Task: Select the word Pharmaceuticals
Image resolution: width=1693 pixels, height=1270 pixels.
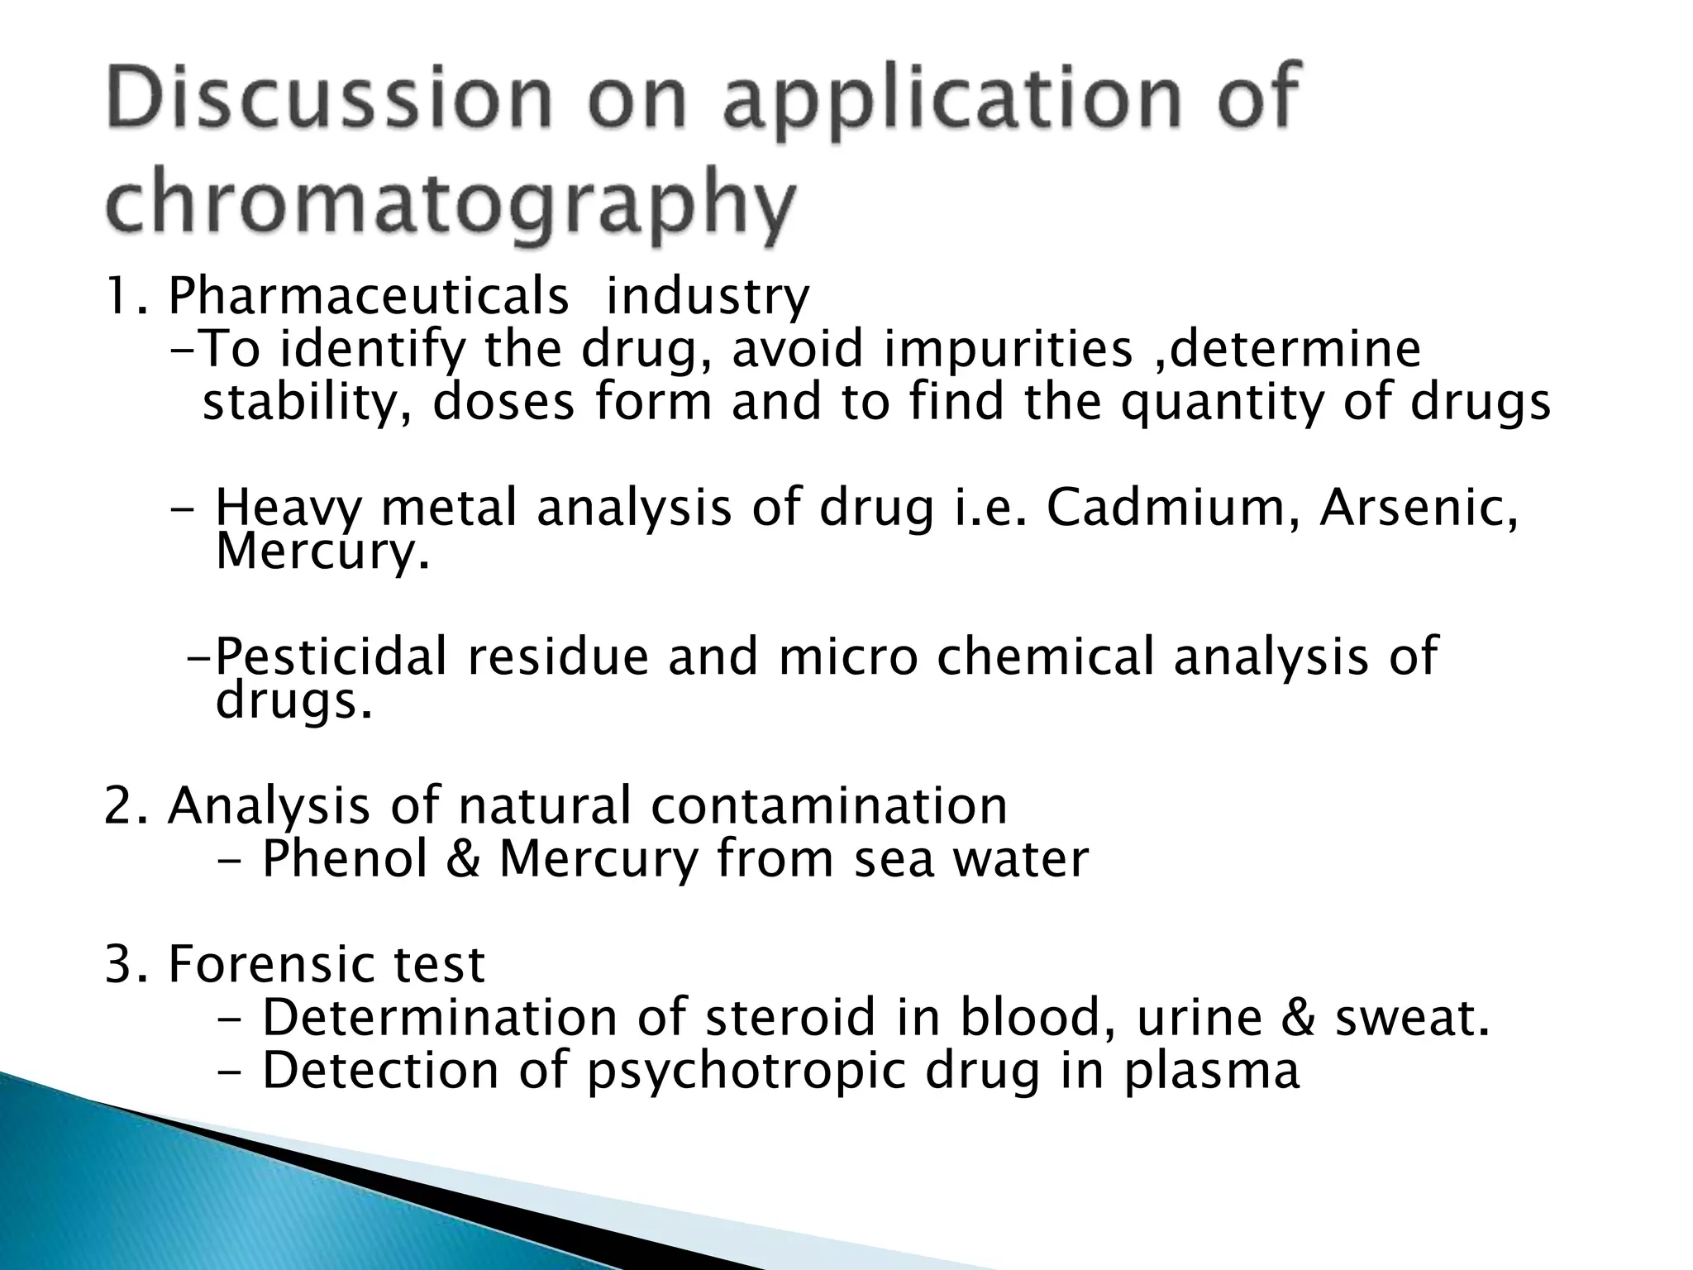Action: [x=368, y=296]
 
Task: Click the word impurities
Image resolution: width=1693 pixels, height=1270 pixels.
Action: [x=1008, y=349]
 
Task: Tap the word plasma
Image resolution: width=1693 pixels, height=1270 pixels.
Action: [x=1211, y=1072]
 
